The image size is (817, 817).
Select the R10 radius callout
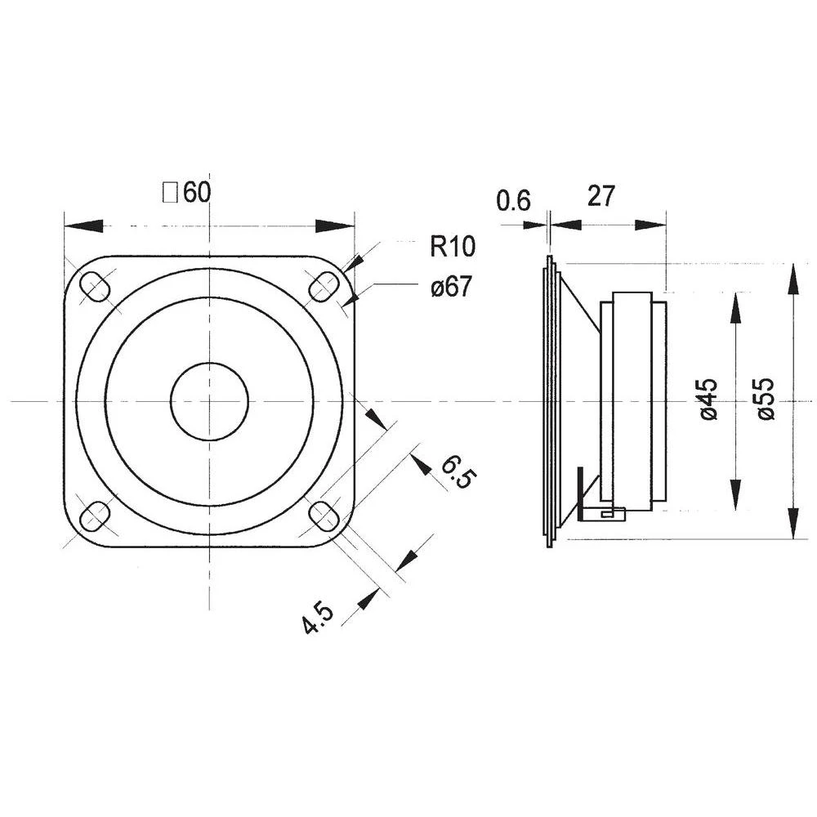click(452, 246)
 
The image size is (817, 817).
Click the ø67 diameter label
click(450, 287)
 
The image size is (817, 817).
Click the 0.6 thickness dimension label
click(514, 199)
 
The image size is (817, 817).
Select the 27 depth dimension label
click(600, 196)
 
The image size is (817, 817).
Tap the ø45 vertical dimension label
click(708, 399)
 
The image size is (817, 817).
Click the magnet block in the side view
click(633, 400)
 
